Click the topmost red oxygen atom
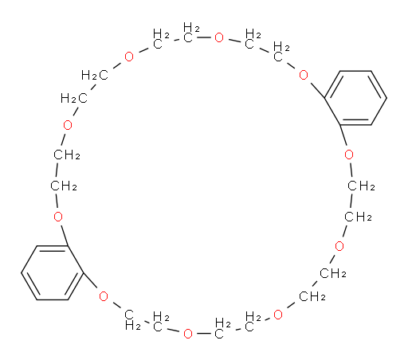click(219, 37)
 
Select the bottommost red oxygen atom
click(188, 334)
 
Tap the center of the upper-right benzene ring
click(355, 98)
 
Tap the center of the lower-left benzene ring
click(53, 273)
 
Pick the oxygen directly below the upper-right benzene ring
click(349, 155)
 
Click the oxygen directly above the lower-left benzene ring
click(58, 217)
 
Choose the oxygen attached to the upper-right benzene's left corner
click(304, 75)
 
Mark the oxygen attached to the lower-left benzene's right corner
click(104, 296)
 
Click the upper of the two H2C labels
click(95, 76)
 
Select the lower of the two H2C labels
click(74, 99)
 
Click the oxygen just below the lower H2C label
click(68, 125)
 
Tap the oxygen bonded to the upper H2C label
click(129, 57)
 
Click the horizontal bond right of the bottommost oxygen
click(204, 334)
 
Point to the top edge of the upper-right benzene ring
click(355, 71)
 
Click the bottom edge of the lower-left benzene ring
click(53, 299)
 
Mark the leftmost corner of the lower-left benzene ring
click(22, 272)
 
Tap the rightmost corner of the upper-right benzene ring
click(386, 98)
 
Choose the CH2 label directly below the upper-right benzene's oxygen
click(361, 186)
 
